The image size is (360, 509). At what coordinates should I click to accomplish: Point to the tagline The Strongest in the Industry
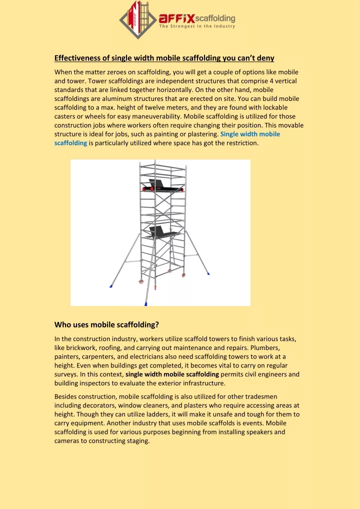[197, 27]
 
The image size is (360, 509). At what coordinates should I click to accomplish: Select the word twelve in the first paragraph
[159, 107]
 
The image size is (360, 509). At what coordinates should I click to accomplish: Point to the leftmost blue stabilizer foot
[111, 286]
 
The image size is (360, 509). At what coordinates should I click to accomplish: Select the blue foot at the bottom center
[146, 303]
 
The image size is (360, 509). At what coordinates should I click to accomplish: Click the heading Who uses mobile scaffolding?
[106, 325]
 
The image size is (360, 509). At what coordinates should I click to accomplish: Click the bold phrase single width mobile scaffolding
[172, 374]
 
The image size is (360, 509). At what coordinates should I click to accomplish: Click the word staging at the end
[138, 441]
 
